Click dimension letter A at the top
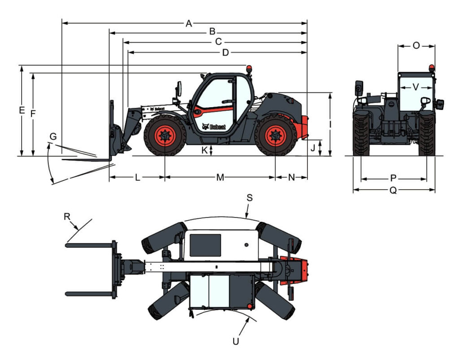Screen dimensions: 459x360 pos(189,23)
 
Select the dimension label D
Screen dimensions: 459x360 pos(225,53)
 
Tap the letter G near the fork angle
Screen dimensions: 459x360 pos(53,136)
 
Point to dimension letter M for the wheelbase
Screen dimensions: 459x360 pos(220,178)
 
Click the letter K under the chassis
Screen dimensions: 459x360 pos(204,151)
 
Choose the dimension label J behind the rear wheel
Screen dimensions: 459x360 pos(313,148)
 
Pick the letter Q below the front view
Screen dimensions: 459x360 pos(393,191)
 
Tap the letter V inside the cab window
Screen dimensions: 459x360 pos(416,87)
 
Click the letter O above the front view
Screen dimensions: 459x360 pos(416,46)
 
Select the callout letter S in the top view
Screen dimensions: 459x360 pos(249,198)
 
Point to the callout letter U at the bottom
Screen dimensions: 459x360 pos(236,341)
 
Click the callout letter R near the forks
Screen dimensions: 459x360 pos(67,217)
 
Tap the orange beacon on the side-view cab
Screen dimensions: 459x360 pos(249,69)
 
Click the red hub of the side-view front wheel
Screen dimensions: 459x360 pos(165,136)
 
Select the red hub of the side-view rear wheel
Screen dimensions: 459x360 pos(276,136)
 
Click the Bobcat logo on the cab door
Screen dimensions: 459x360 pos(214,127)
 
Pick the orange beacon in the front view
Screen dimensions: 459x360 pos(432,68)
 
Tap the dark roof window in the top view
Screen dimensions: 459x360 pos(205,245)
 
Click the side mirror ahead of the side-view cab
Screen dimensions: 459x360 pos(178,89)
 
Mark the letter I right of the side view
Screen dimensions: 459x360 pos(330,125)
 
